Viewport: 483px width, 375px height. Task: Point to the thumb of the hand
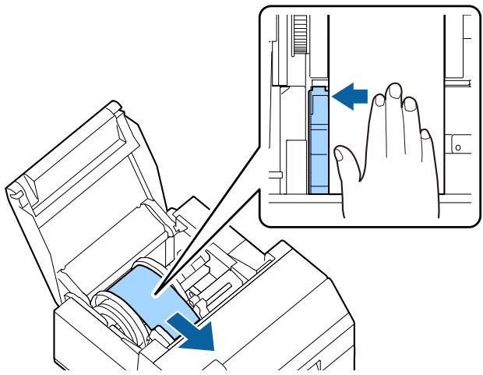[x=344, y=161]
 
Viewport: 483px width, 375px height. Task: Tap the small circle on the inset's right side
[x=459, y=146]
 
